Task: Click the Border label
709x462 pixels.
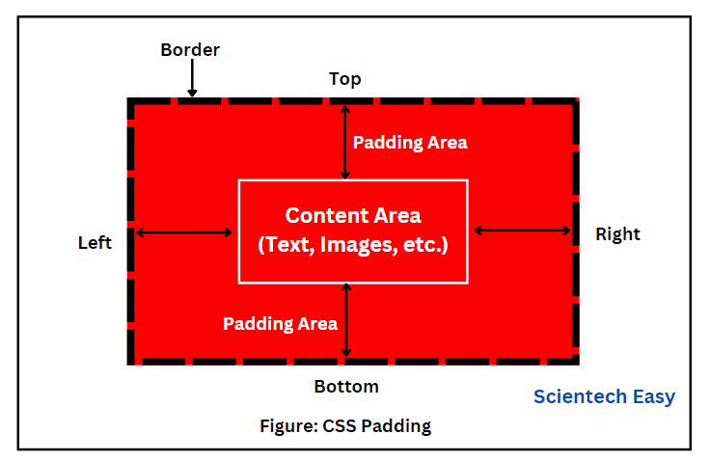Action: click(x=190, y=49)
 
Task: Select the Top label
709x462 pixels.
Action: click(x=344, y=79)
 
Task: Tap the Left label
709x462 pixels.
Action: click(x=95, y=243)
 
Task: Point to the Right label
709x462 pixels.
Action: click(x=617, y=233)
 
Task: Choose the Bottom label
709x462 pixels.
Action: click(x=346, y=387)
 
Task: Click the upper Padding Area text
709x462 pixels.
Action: click(x=410, y=143)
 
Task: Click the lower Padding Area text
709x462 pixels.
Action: click(x=280, y=323)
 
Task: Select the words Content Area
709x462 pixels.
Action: click(x=353, y=216)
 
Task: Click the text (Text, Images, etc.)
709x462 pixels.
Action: click(x=353, y=245)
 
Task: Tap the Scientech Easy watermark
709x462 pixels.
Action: click(x=604, y=396)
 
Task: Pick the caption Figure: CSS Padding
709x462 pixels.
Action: click(x=345, y=425)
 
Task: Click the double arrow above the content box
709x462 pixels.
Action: click(x=345, y=142)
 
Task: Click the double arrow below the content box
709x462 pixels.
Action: click(x=346, y=320)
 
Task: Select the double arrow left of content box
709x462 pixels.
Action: click(x=184, y=231)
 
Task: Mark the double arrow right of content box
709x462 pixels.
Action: click(x=523, y=231)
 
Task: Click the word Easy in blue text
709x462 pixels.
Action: click(x=654, y=396)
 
